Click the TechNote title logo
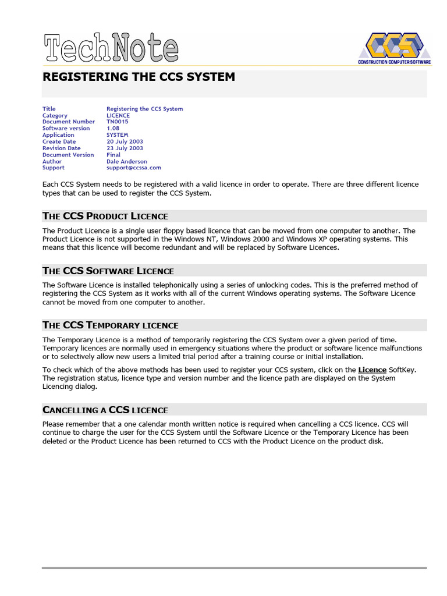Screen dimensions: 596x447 (111, 48)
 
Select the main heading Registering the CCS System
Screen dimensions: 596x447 (139, 77)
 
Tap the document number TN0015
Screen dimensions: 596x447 (118, 122)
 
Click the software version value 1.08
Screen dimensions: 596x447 (113, 128)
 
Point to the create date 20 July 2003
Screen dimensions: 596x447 (125, 141)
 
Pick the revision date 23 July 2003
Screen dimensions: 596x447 (125, 148)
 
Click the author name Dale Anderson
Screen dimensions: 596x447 (127, 161)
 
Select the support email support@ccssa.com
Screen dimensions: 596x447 (133, 168)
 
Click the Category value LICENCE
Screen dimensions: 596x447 (118, 115)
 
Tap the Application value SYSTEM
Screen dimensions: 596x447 (117, 135)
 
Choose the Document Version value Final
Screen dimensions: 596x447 (113, 155)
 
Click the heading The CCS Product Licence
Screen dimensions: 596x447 (105, 216)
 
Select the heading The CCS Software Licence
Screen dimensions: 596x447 (108, 271)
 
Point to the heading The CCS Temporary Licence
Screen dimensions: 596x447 (111, 325)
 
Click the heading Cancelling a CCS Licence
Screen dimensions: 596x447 (105, 410)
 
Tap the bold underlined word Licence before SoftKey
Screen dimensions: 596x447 (372, 370)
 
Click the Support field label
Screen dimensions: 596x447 (54, 168)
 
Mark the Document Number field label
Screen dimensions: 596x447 (69, 122)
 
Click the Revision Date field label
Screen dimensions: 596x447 (62, 148)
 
